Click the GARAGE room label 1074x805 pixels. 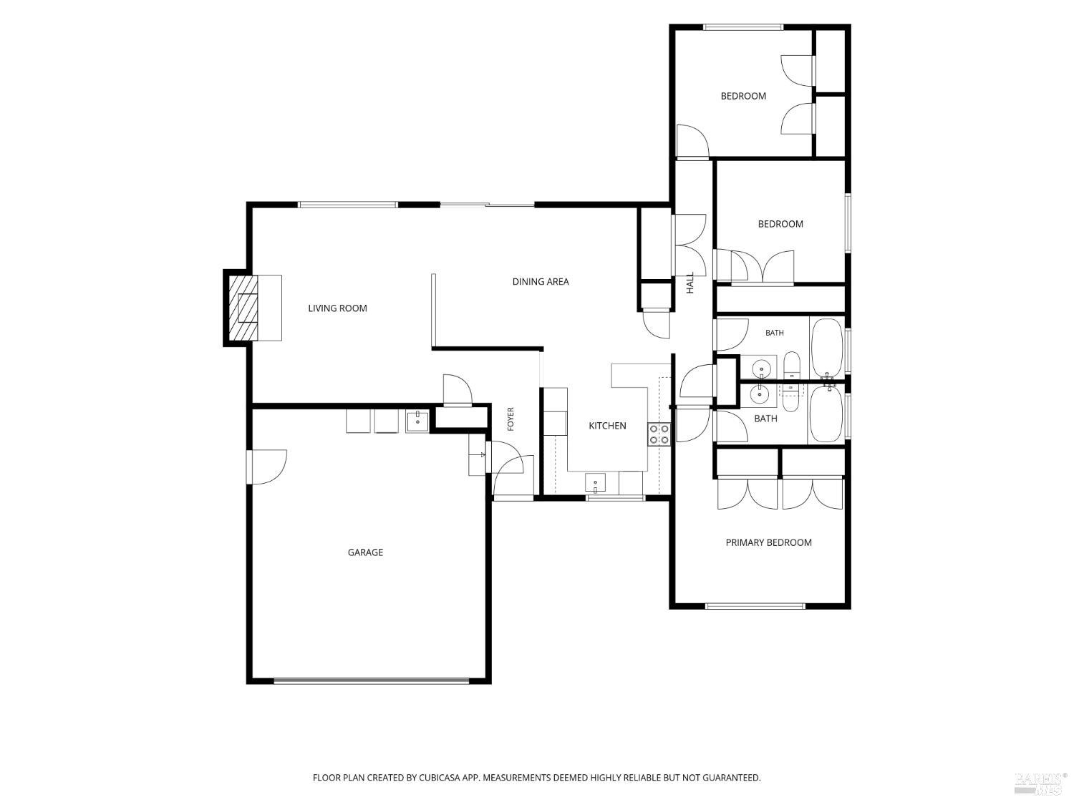(x=365, y=552)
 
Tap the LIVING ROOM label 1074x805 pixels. (x=337, y=308)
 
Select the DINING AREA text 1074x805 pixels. (x=540, y=281)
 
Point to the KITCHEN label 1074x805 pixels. (x=607, y=426)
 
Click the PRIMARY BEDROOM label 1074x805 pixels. (x=768, y=542)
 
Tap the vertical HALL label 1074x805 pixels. (x=690, y=283)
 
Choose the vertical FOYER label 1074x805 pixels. (x=511, y=419)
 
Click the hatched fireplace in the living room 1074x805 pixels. (x=243, y=308)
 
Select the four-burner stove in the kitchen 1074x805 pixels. (x=659, y=434)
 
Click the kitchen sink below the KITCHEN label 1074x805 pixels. (x=595, y=482)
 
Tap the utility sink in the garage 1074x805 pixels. (x=417, y=421)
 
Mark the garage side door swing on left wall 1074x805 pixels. (x=266, y=467)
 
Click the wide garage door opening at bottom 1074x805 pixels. (x=372, y=680)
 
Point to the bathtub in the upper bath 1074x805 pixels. (x=827, y=348)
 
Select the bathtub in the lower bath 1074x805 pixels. (x=827, y=414)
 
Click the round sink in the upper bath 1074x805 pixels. (x=761, y=367)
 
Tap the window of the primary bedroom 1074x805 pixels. (x=755, y=606)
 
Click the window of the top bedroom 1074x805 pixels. (x=743, y=27)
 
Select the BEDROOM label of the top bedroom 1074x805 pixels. (x=743, y=97)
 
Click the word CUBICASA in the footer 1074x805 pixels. (x=439, y=778)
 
